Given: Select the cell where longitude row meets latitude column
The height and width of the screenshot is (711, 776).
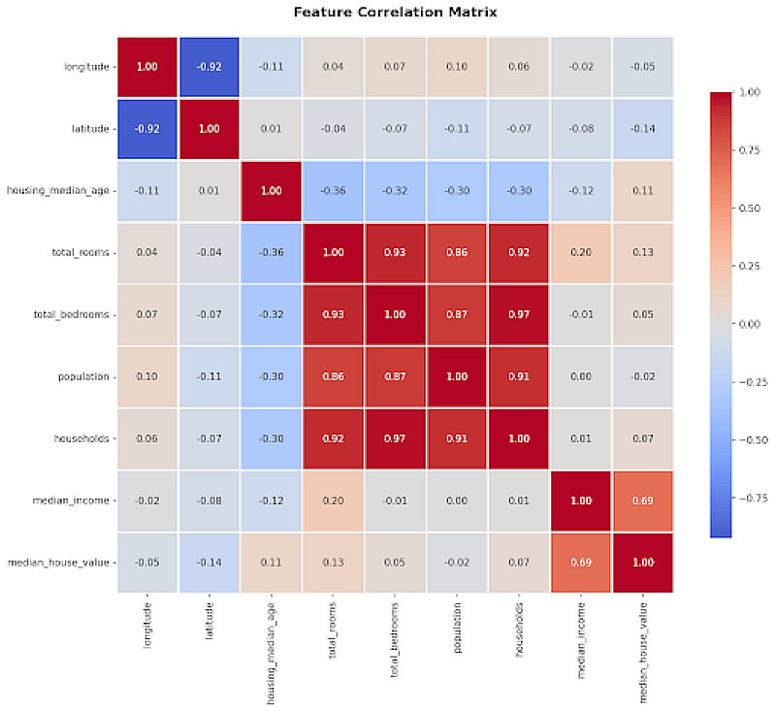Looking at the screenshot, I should (x=209, y=67).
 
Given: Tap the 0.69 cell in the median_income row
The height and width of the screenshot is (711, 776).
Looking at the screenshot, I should (x=643, y=501).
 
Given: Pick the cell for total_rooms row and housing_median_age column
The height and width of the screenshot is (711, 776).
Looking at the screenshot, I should (x=271, y=252).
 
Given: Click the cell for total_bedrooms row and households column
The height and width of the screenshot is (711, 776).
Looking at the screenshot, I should (x=519, y=314).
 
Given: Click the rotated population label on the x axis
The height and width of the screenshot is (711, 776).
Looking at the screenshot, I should (x=457, y=630).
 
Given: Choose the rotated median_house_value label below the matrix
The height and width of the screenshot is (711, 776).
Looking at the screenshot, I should (x=643, y=650).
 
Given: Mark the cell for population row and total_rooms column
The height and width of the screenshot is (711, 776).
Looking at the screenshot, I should (x=333, y=376).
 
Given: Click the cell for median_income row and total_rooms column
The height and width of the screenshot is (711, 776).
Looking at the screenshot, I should (x=333, y=501).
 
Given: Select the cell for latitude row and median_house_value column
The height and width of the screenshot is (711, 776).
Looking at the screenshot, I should (x=643, y=129).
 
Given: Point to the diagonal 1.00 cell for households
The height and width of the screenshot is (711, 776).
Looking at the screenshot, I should (x=519, y=438).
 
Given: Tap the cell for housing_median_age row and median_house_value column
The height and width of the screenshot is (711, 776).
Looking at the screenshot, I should (x=643, y=191).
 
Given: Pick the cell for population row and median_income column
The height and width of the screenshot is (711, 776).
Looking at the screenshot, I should (x=581, y=376).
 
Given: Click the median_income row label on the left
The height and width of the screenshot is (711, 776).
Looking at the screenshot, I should (x=77, y=501).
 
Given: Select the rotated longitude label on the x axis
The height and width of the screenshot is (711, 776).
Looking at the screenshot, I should (x=146, y=627).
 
